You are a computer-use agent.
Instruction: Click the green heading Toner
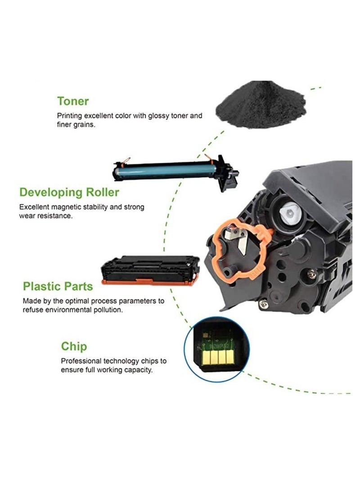[73, 101]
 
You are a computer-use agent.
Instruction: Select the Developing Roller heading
[69, 193]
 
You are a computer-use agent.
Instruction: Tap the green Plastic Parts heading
[58, 286]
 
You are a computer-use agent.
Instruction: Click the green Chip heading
[74, 347]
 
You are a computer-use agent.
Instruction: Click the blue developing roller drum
[166, 171]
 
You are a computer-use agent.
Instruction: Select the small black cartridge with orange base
[150, 270]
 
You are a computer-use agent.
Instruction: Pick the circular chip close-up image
[217, 349]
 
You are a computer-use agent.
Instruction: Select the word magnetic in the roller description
[65, 207]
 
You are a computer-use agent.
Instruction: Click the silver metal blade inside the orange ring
[243, 243]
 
